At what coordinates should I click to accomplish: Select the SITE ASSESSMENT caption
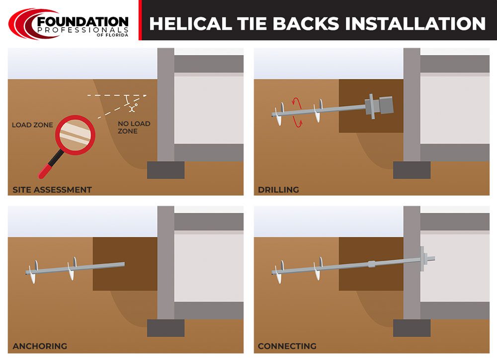[x=52, y=189]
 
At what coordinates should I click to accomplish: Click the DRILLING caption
[x=278, y=189]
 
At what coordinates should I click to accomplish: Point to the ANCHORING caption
[x=40, y=346]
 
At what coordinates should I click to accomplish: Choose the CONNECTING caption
[x=287, y=346]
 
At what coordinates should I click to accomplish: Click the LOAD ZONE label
[x=32, y=125]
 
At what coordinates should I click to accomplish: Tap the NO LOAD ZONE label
[x=134, y=127]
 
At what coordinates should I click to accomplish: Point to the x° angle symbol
[x=132, y=106]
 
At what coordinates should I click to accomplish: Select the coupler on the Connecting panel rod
[x=371, y=264]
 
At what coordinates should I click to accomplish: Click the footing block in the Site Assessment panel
[x=166, y=170]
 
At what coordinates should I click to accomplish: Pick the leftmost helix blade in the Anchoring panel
[x=32, y=272]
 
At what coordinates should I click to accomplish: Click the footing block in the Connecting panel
[x=412, y=328]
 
